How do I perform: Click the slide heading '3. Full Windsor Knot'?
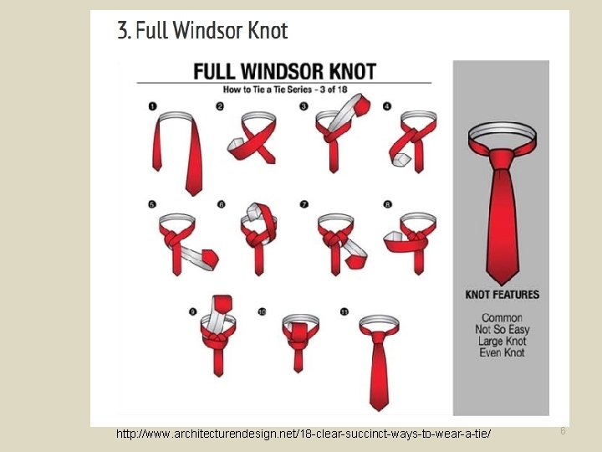click(202, 32)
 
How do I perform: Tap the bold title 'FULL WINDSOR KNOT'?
click(284, 71)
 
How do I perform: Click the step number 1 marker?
click(152, 106)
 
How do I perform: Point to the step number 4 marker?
click(387, 106)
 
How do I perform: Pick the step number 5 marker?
click(152, 203)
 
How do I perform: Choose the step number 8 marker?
click(387, 203)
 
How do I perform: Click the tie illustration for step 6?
click(259, 234)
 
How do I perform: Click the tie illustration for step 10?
click(298, 339)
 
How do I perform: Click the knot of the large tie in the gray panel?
click(502, 158)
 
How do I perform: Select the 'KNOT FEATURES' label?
click(503, 295)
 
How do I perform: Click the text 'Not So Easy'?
click(503, 330)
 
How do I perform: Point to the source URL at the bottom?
click(304, 434)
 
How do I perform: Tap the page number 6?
click(563, 431)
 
